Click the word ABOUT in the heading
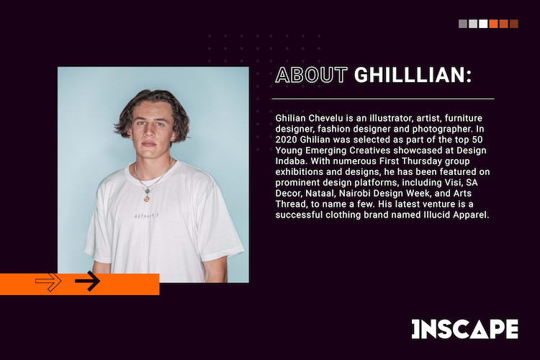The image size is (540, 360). coord(311,75)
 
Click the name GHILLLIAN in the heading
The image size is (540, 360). coord(410,75)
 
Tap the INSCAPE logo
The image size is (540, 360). coord(465,329)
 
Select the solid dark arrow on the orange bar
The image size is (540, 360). coord(87,281)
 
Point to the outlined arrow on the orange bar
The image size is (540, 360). coord(48,282)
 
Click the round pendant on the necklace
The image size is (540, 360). coord(146,199)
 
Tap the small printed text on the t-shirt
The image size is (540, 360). coord(145,216)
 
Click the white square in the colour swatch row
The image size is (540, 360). coord(483,24)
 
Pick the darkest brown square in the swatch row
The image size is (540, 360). coord(514,24)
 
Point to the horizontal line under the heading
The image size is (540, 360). coord(383,99)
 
